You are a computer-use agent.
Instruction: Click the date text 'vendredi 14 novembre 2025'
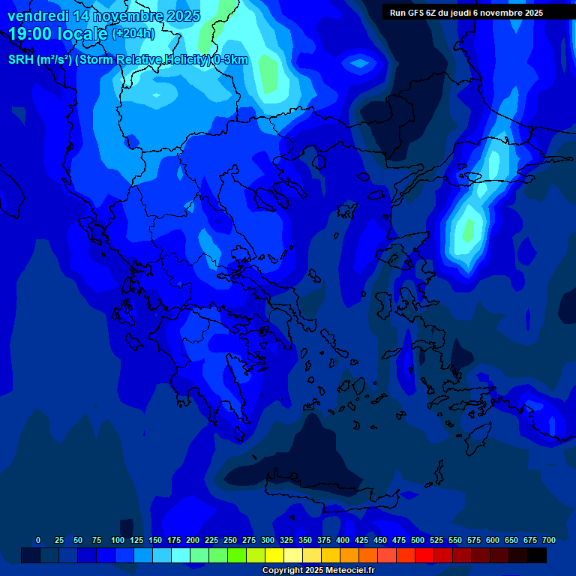click(x=103, y=16)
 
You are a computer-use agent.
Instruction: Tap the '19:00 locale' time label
click(x=58, y=34)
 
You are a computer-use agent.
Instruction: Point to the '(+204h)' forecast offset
click(x=133, y=34)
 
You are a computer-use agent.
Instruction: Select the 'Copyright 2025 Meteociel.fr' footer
click(x=318, y=571)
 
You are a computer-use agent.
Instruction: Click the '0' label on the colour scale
click(x=38, y=540)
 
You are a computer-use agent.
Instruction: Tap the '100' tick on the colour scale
click(x=118, y=540)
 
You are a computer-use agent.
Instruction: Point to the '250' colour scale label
click(x=230, y=540)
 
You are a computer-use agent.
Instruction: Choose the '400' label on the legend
click(x=343, y=540)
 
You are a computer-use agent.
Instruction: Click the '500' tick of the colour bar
click(x=418, y=540)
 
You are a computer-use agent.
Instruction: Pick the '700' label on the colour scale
click(x=549, y=540)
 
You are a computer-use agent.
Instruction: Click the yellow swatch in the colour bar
click(x=274, y=555)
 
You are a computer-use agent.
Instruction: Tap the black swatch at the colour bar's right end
click(x=537, y=555)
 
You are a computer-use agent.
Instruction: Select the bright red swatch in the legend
click(x=424, y=555)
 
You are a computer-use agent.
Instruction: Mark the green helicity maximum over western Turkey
click(x=468, y=229)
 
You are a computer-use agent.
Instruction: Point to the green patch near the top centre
click(x=268, y=71)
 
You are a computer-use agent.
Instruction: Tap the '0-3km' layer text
click(x=231, y=60)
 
